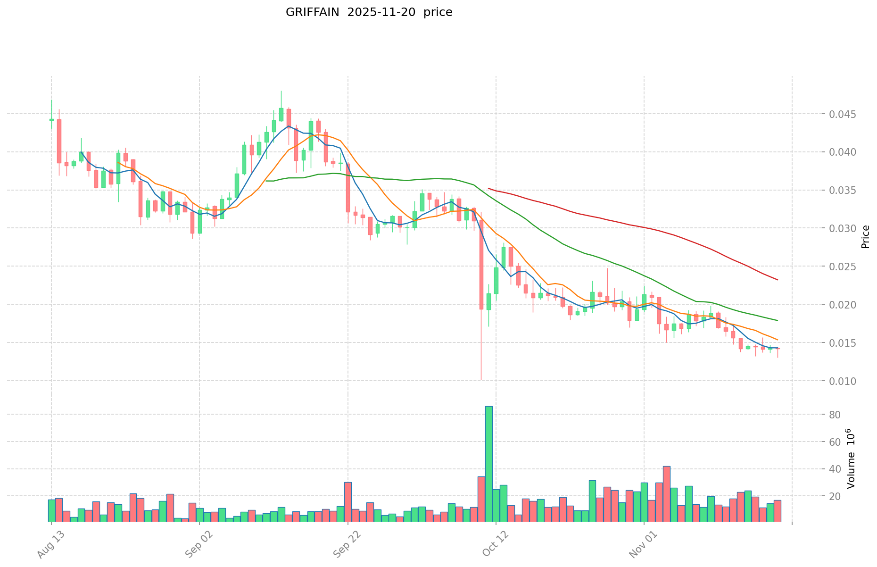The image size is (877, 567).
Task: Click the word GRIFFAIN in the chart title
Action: [x=312, y=12]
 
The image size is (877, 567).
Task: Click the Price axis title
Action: [x=865, y=237]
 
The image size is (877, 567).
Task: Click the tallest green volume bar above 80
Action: [x=489, y=464]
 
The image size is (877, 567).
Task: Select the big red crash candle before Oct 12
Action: [x=481, y=264]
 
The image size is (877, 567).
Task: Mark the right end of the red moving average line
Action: [x=778, y=280]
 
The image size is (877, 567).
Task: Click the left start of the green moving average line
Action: [x=266, y=181]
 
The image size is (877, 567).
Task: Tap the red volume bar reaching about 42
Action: [x=666, y=493]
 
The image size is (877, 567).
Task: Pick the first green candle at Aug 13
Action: [x=51, y=120]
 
